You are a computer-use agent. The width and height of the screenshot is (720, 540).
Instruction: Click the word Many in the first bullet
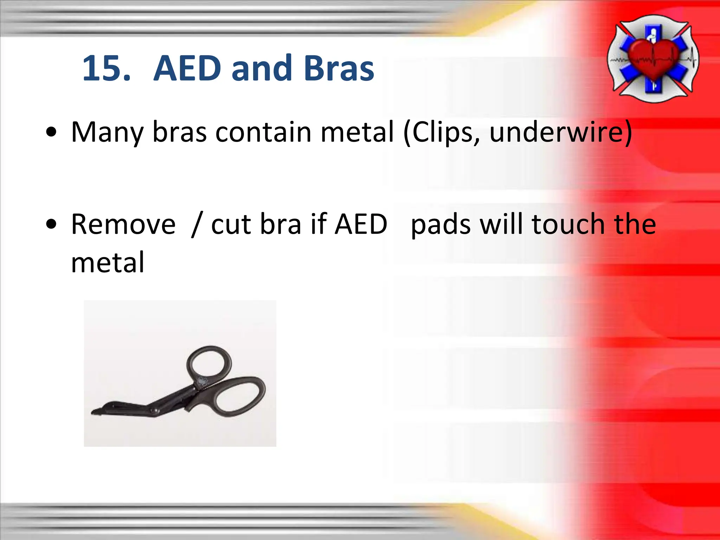[107, 133]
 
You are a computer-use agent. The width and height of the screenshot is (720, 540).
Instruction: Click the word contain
[263, 132]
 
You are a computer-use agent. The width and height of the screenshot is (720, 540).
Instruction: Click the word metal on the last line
[108, 263]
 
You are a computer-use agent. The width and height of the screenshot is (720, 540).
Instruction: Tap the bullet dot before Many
[51, 132]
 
